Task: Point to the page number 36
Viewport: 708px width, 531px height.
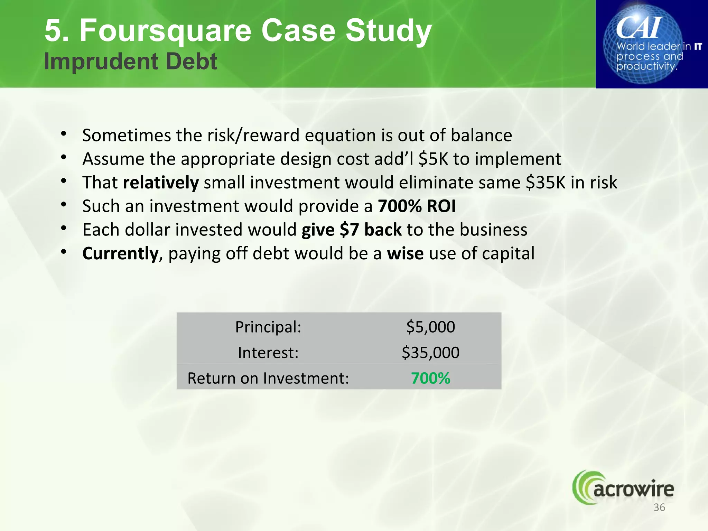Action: (659, 507)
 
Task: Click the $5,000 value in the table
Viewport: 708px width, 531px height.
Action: (430, 327)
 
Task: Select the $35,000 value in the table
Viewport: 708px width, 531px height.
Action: (430, 353)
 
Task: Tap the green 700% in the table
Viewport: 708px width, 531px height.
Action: (430, 378)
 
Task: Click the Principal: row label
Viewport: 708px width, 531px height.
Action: (268, 327)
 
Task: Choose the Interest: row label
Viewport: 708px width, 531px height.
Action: (268, 353)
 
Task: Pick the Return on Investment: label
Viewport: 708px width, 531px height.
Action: (268, 378)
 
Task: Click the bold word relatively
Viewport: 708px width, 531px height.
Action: (161, 183)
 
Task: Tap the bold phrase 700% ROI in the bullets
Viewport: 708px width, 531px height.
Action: (417, 206)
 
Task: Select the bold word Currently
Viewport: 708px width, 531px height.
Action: (120, 253)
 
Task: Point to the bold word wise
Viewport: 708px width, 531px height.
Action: (405, 253)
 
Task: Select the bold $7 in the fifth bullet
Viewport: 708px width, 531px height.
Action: (349, 230)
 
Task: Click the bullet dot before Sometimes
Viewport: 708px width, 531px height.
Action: (63, 133)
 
